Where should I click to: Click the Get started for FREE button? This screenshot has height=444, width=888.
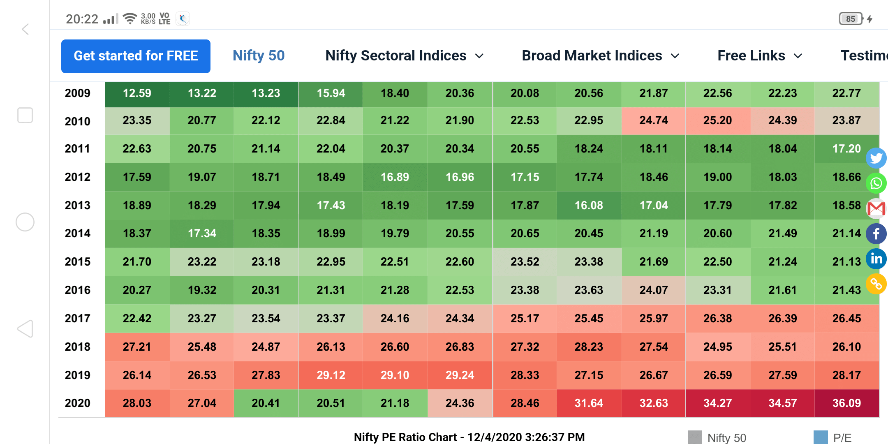pos(136,56)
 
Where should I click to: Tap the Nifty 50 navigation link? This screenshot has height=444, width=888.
pos(259,55)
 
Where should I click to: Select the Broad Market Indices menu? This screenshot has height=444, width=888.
pos(601,55)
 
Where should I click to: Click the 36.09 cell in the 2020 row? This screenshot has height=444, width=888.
pos(846,403)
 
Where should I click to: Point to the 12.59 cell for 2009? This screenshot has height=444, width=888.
pos(137,93)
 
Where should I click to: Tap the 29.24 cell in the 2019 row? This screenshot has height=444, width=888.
pos(460,375)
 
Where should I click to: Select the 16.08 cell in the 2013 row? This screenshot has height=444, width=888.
pos(589,205)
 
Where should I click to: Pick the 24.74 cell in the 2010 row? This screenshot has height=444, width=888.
pos(654,120)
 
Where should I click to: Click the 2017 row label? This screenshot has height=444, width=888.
pos(77,318)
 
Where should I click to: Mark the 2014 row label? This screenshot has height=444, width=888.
pos(77,234)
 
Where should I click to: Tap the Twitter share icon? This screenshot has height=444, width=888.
pos(876,158)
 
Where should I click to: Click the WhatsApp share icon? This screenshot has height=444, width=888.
pos(876,183)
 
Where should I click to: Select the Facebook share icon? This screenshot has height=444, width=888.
pos(876,234)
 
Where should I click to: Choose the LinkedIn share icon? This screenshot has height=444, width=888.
pos(876,259)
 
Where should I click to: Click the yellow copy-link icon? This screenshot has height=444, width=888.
pos(876,284)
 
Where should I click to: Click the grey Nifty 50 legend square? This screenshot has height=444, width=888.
pos(695,437)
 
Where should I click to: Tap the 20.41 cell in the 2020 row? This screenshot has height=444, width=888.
pos(266,403)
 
